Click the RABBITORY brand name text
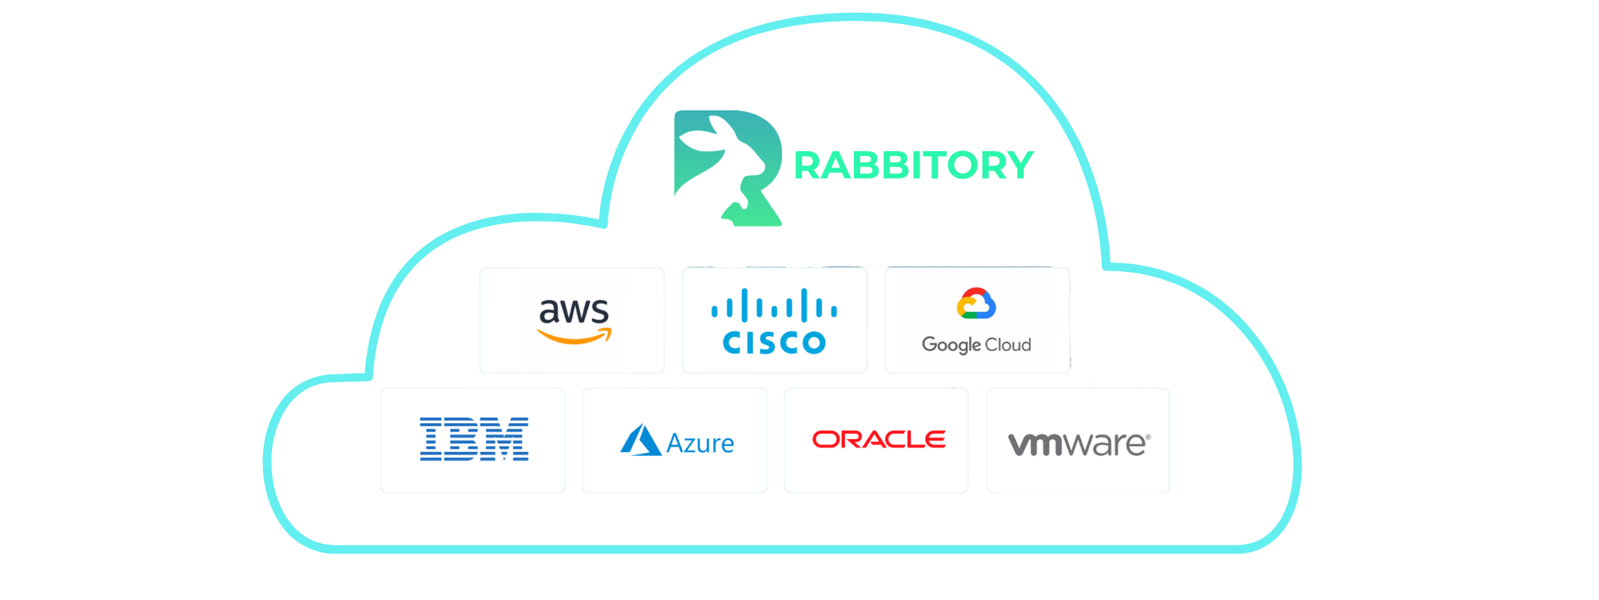(x=913, y=166)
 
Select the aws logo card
(x=572, y=320)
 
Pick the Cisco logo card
(x=774, y=320)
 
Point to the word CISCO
(x=774, y=343)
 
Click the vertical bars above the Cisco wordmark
(x=774, y=306)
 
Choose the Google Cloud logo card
(x=976, y=320)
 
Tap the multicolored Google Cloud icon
(x=976, y=304)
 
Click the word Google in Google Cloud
(x=951, y=345)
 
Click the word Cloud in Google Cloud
(x=1007, y=345)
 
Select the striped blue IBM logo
(x=474, y=439)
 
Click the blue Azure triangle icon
(x=640, y=441)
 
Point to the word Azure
(x=700, y=443)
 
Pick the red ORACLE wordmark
(x=879, y=439)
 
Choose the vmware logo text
(x=1076, y=444)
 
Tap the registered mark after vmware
(x=1148, y=437)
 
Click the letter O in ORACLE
(x=824, y=439)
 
